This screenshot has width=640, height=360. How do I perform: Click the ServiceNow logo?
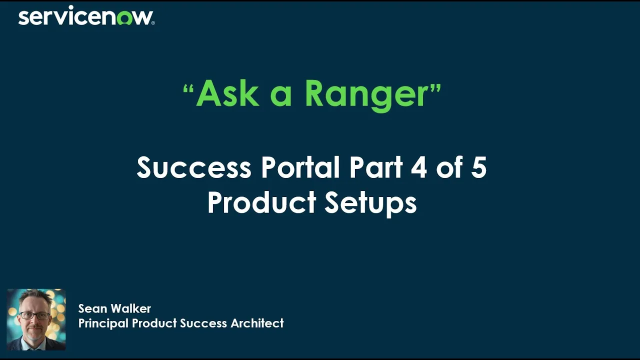(86, 16)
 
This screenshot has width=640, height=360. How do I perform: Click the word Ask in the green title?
(227, 93)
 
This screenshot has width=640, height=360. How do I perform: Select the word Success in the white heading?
(194, 167)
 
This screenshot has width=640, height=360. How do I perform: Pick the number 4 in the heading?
(418, 167)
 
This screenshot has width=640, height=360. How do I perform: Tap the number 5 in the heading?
(478, 167)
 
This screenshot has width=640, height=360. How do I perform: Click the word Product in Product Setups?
(261, 203)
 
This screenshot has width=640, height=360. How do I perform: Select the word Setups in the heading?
(370, 203)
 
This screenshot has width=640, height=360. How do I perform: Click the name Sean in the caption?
(92, 308)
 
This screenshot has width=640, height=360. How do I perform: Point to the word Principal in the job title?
(103, 323)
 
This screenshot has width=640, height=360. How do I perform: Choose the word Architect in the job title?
(257, 323)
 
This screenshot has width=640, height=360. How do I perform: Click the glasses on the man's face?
(35, 316)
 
